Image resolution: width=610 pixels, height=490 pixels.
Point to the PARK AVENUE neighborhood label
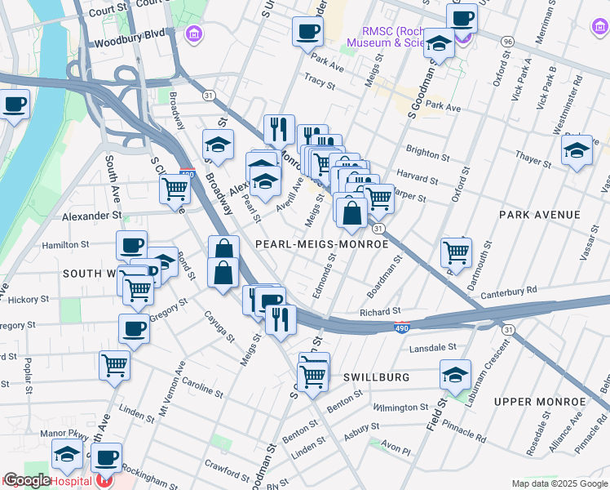pos(540,215)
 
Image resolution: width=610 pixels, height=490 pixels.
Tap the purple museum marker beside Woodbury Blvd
pos(194,35)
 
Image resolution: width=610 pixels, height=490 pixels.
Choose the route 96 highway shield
pos(507,40)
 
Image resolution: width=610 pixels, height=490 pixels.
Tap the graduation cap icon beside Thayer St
pos(577,150)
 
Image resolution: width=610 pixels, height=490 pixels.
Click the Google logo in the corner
pos(27,481)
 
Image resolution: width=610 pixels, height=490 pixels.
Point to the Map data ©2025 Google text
pos(559,483)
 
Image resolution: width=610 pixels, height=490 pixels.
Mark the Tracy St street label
pos(319,82)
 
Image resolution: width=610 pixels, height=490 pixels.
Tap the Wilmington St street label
pos(401,407)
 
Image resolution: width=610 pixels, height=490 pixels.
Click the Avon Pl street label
pos(395,449)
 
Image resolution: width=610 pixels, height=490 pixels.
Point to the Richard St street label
pos(380,312)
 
